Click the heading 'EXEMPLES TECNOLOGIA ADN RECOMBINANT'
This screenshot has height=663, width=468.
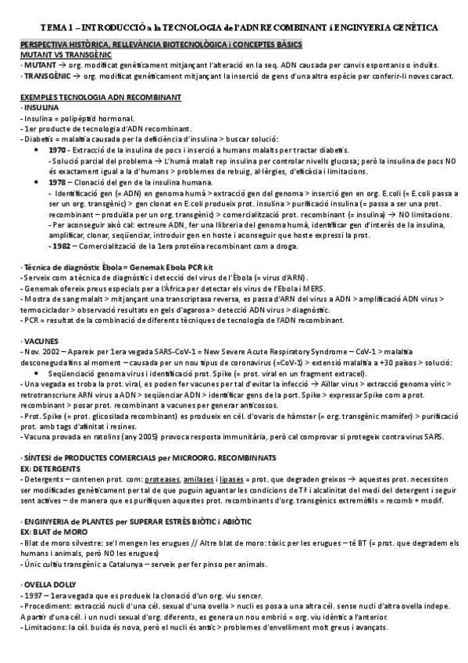[100, 96]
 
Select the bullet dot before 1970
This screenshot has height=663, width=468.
[39, 149]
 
